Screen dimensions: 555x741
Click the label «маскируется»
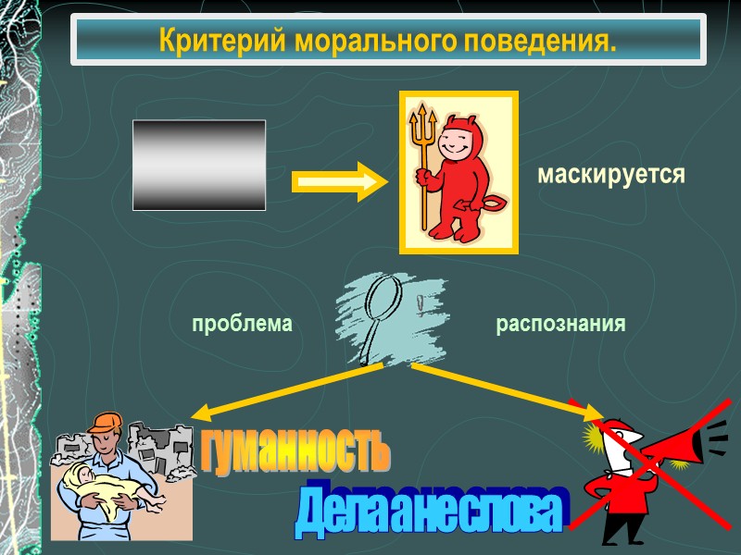611,175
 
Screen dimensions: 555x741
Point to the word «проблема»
242,325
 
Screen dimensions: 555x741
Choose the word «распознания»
561,325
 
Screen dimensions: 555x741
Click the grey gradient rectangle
199,165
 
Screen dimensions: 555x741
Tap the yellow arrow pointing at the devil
334,181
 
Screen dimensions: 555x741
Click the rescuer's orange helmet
106,425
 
